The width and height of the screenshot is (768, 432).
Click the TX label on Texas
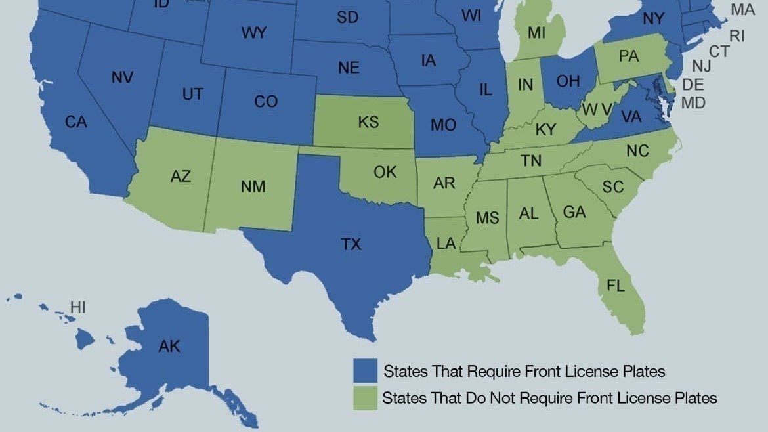351,245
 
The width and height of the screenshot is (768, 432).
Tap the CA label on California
76,122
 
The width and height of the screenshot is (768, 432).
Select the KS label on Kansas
368,122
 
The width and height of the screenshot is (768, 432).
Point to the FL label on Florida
616,286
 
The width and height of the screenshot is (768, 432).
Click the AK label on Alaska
169,347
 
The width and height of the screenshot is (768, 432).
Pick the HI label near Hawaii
78,307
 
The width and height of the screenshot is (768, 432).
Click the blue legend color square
365,371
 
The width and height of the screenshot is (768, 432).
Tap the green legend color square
365,398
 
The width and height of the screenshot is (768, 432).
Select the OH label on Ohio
568,81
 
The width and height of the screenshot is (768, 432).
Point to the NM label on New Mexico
253,186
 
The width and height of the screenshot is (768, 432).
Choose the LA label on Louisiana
446,244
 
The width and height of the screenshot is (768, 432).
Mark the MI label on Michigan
536,33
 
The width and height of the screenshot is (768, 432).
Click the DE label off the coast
693,85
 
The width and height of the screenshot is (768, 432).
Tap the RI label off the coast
737,36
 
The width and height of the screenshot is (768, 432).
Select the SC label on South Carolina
612,187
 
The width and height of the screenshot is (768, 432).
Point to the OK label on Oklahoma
385,172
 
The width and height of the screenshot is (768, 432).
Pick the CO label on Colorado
266,102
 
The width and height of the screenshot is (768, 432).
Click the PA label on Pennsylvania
628,57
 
